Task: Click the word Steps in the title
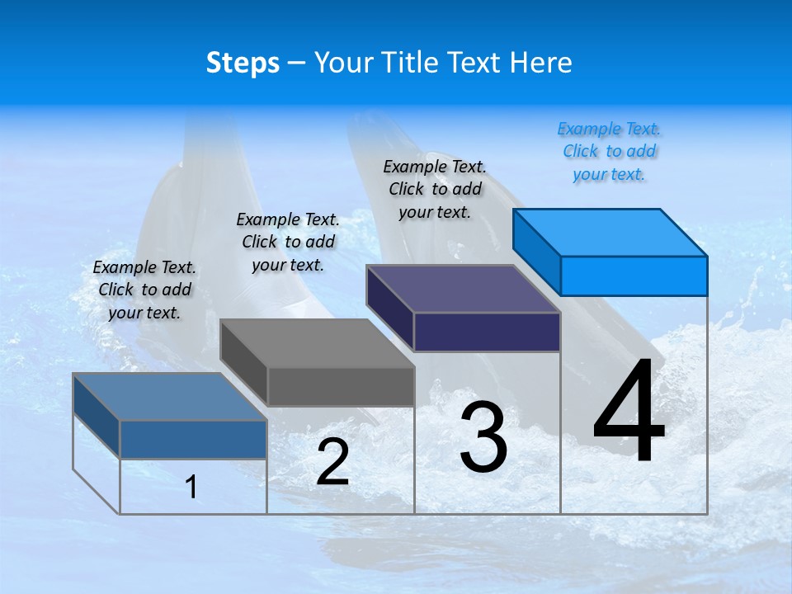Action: [243, 63]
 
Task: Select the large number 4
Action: [629, 412]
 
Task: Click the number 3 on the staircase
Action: [483, 437]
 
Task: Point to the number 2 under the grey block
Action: [332, 463]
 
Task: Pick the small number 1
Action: [191, 487]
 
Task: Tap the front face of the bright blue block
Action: [634, 276]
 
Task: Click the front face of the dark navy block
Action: [487, 332]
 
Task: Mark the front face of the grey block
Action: [341, 386]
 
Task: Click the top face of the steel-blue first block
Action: [170, 397]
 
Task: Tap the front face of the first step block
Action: [193, 439]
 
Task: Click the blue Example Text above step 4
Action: [609, 151]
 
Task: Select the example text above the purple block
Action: [435, 189]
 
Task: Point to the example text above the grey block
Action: [288, 242]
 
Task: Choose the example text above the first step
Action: [144, 290]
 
